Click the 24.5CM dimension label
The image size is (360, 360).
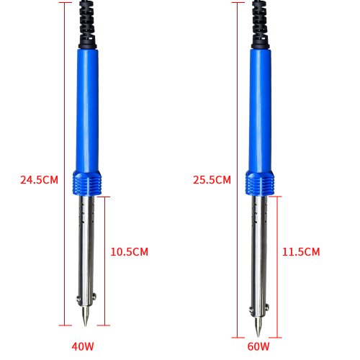point(39,180)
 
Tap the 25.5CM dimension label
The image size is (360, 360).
point(212,180)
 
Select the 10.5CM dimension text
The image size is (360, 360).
point(130,252)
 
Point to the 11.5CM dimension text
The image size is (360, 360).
point(301,252)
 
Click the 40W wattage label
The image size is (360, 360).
point(83,346)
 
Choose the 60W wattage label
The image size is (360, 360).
point(258,346)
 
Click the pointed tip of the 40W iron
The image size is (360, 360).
point(85,326)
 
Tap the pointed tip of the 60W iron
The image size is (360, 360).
point(258,336)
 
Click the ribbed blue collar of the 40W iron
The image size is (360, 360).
point(87,183)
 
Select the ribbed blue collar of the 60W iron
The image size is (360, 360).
point(260,183)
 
